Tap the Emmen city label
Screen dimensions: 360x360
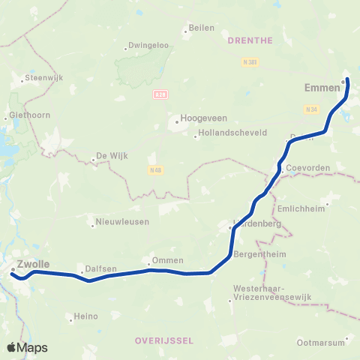pyautogui.click(x=322, y=88)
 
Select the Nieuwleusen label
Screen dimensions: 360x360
pyautogui.click(x=122, y=222)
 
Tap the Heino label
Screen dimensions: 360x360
pyautogui.click(x=86, y=316)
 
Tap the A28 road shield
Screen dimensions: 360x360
pyautogui.click(x=158, y=94)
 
